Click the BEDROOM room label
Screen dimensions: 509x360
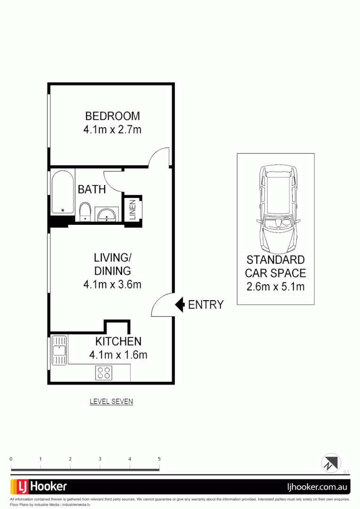[112, 116]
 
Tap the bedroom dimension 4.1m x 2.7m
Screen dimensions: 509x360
[112, 129]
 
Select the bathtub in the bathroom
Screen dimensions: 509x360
[63, 192]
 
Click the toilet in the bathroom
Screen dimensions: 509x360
[85, 212]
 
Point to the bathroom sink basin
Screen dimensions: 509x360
[108, 214]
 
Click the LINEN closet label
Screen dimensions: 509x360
[132, 209]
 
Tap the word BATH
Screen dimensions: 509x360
[92, 189]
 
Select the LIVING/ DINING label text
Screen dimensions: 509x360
[112, 264]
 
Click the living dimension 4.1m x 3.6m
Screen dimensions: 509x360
[112, 284]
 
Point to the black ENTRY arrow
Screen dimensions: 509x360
[180, 304]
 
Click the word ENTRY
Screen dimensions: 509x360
[205, 305]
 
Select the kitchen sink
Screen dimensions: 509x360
[59, 350]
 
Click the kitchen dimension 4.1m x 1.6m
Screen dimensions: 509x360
[118, 355]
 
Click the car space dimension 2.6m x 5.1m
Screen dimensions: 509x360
[275, 286]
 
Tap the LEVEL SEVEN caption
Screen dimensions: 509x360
[111, 402]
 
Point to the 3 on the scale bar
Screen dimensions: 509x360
[100, 459]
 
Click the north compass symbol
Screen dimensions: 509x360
[330, 462]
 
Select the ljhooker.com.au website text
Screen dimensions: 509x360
[317, 486]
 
